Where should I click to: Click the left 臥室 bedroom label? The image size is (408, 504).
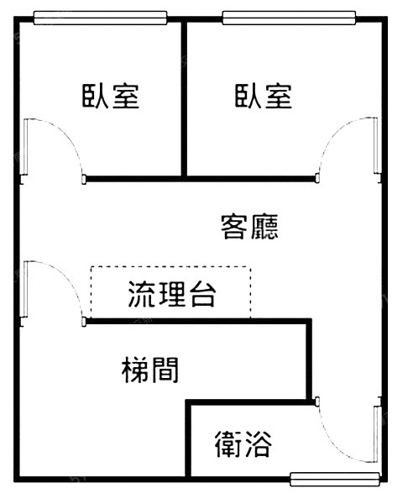click(111, 96)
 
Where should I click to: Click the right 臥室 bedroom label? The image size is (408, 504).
click(264, 96)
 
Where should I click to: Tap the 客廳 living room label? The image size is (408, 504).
click(249, 227)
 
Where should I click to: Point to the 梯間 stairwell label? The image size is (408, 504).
click(150, 370)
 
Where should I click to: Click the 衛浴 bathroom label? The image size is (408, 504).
click(243, 444)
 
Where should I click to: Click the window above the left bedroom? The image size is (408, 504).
click(100, 18)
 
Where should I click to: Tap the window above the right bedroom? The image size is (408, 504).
click(289, 18)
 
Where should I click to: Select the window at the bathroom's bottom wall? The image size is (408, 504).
click(335, 480)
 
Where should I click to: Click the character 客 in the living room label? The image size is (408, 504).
click(234, 227)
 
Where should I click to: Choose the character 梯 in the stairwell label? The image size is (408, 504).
click(135, 370)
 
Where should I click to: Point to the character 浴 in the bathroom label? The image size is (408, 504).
click(259, 444)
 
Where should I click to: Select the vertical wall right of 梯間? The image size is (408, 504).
click(309, 360)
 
